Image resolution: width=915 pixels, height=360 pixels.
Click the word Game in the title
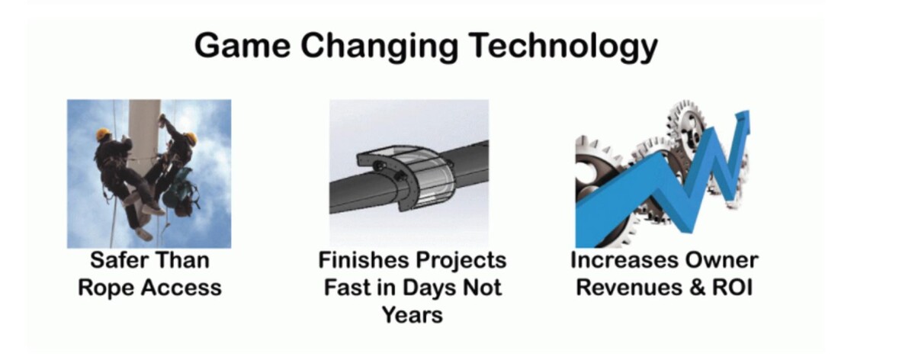click(242, 45)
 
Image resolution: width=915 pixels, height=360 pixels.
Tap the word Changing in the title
click(380, 47)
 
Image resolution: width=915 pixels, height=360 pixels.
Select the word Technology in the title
click(563, 47)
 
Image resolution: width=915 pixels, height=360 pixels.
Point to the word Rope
click(104, 288)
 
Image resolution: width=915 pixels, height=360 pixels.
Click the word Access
click(181, 288)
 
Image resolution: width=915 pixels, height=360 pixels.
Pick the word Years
click(413, 315)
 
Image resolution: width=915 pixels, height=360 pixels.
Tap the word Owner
click(722, 260)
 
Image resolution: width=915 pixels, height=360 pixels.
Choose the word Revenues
click(629, 288)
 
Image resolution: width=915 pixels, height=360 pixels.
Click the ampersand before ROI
click(697, 288)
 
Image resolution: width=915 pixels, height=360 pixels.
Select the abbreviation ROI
click(733, 288)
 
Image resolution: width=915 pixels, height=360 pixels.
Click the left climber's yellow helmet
click(103, 133)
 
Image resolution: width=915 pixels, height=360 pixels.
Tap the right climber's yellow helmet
click(191, 137)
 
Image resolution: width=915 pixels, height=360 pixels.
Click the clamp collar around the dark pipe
click(405, 178)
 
